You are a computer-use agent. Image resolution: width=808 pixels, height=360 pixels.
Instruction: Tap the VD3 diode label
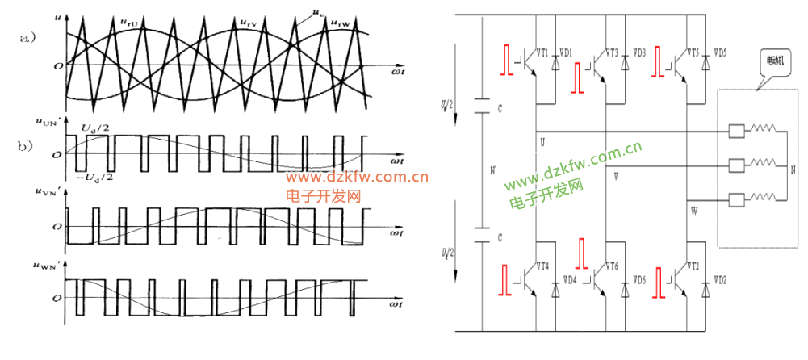click(x=638, y=53)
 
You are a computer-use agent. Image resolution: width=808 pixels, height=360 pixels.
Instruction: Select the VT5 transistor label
click(x=692, y=53)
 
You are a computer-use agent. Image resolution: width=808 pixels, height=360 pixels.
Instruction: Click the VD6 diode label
click(x=638, y=280)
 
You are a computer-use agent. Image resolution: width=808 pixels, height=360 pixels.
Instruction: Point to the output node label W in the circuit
click(x=693, y=211)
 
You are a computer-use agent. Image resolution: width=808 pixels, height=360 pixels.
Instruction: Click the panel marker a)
click(x=27, y=38)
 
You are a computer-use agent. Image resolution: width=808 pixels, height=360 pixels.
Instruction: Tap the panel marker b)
click(x=27, y=148)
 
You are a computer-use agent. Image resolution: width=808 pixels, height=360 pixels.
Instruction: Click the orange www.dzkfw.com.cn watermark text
click(x=355, y=178)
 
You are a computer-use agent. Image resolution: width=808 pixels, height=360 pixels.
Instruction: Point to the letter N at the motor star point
click(x=793, y=170)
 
